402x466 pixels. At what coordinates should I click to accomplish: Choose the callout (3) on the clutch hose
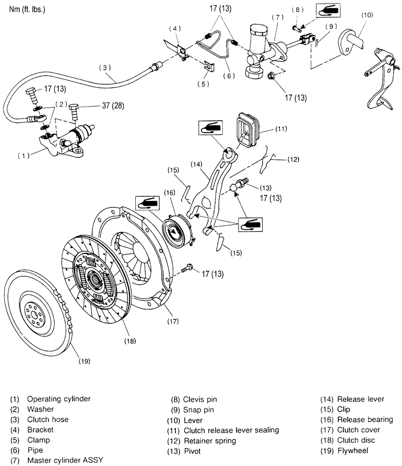105,67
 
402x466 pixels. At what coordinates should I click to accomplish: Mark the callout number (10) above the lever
367,15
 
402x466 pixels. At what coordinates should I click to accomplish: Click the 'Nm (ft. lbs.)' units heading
26,9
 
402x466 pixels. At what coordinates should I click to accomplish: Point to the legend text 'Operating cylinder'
58,399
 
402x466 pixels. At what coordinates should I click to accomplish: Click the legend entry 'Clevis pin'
200,399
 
